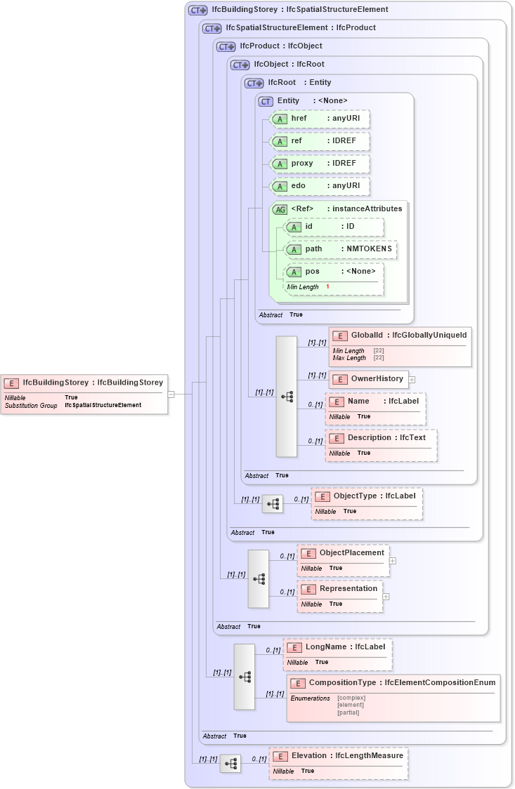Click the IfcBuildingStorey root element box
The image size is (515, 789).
[84, 393]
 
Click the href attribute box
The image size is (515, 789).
[320, 119]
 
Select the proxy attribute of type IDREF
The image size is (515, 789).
[320, 164]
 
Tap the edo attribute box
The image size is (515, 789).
[320, 186]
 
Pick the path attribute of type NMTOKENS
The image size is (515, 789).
[340, 249]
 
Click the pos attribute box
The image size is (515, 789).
[333, 278]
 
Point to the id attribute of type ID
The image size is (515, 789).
[333, 227]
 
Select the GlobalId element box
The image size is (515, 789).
[399, 346]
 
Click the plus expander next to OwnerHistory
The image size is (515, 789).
[412, 380]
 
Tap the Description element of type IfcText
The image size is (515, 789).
[380, 444]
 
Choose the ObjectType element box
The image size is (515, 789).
[367, 503]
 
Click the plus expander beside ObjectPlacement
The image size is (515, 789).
[393, 561]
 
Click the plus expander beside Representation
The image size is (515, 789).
[386, 597]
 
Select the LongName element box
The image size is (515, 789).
[337, 654]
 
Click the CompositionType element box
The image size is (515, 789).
[393, 698]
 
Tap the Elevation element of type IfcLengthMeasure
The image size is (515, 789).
[339, 762]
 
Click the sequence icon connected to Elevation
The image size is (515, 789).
[230, 763]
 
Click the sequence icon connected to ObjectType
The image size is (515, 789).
[273, 504]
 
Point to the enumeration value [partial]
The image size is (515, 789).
[348, 712]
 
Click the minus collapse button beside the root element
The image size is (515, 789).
[171, 394]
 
